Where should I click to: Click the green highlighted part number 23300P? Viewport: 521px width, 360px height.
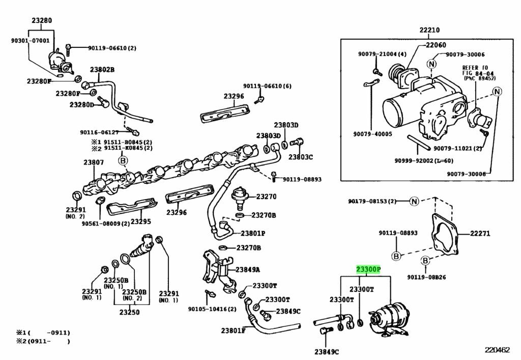pyautogui.click(x=368, y=269)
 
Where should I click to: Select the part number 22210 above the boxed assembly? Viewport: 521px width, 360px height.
pyautogui.click(x=429, y=30)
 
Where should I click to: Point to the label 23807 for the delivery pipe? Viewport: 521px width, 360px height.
pyautogui.click(x=94, y=163)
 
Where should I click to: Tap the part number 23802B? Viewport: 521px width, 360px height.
pyautogui.click(x=102, y=70)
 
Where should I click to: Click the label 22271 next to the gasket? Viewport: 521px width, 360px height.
pyautogui.click(x=479, y=234)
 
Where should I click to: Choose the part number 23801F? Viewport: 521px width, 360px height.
pyautogui.click(x=233, y=330)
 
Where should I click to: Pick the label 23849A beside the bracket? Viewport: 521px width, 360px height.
pyautogui.click(x=247, y=269)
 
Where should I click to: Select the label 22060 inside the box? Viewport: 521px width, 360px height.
pyautogui.click(x=436, y=45)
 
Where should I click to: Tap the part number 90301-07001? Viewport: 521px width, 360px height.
pyautogui.click(x=31, y=40)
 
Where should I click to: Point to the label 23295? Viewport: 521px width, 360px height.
pyautogui.click(x=141, y=221)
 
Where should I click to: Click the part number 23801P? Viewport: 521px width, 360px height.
pyautogui.click(x=253, y=234)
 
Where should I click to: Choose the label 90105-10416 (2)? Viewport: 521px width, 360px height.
pyautogui.click(x=212, y=309)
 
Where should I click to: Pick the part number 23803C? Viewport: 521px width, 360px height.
pyautogui.click(x=300, y=157)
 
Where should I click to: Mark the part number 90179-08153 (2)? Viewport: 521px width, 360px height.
pyautogui.click(x=372, y=201)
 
